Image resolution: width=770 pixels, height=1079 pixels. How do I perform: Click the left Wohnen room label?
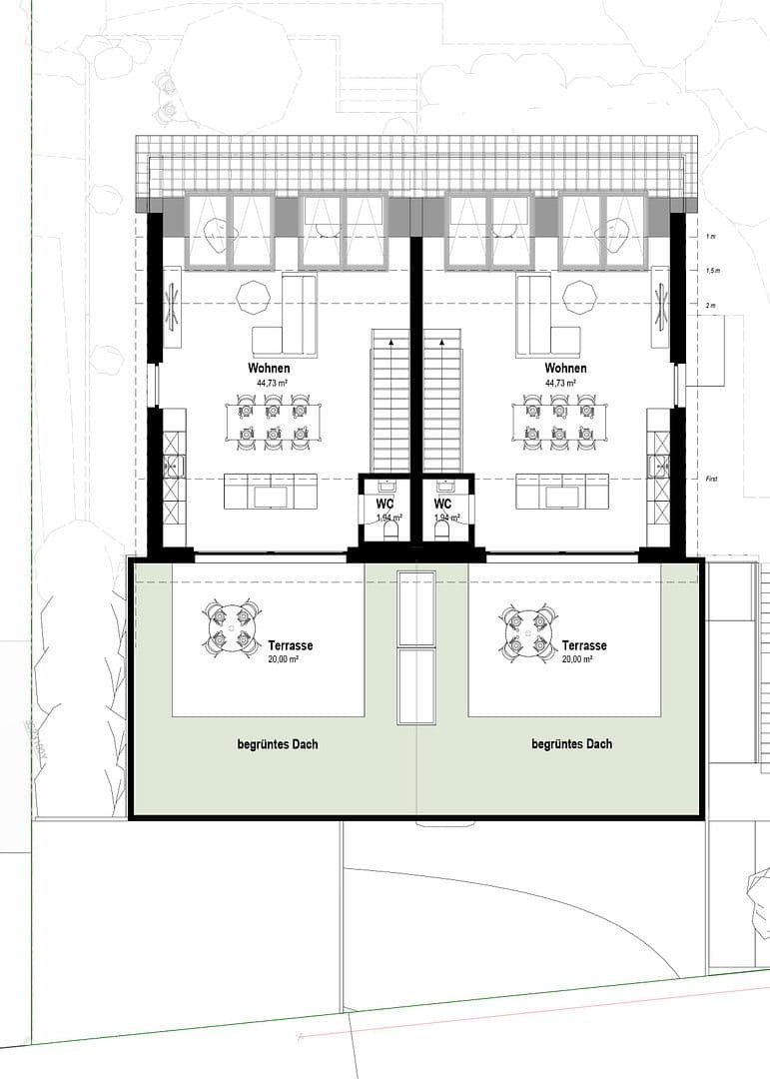270,369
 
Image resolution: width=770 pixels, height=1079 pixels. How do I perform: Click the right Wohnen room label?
565,369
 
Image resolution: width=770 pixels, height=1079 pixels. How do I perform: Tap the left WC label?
385,505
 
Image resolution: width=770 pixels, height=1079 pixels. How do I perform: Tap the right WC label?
443,505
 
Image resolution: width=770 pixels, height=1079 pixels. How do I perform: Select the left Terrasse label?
290,645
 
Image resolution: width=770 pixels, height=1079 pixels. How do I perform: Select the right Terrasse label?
584,645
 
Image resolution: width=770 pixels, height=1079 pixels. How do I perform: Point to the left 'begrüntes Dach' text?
278,744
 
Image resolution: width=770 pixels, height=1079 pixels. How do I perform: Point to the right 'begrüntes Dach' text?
572,744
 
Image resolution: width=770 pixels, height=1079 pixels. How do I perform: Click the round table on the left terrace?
232,629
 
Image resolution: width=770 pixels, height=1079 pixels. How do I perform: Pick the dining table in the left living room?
273,421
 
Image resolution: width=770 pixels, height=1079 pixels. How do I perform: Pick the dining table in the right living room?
559,421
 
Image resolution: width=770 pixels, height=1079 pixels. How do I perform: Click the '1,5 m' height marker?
711,271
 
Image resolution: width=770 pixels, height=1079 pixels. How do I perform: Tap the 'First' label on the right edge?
711,480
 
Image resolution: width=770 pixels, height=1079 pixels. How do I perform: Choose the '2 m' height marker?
711,305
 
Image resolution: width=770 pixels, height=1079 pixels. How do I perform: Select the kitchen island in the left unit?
271,492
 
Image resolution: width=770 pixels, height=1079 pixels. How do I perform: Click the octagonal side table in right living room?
579,297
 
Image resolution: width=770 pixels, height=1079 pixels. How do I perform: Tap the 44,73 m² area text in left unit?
270,383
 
